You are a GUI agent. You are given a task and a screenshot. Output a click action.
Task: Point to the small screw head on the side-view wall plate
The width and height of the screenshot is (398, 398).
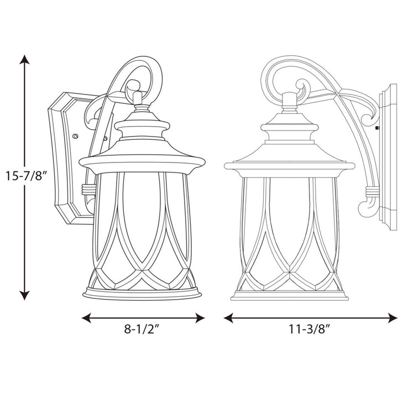(377, 128)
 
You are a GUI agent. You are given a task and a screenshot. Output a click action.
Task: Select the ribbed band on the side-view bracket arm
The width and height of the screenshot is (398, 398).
(372, 193)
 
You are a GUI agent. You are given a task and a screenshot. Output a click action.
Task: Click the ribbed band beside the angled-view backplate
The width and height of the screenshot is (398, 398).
(87, 189)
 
